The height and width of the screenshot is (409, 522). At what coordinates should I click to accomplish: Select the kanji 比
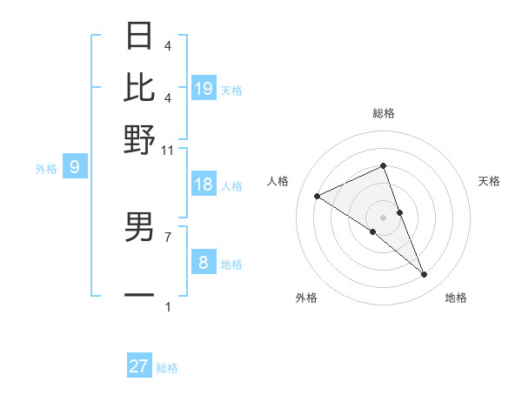click(x=139, y=87)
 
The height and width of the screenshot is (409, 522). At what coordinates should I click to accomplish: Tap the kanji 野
click(x=139, y=138)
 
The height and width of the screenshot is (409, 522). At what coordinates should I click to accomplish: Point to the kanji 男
click(x=139, y=227)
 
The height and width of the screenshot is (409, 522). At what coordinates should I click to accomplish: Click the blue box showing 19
click(x=204, y=89)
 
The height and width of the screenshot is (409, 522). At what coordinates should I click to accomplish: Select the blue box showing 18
click(x=204, y=184)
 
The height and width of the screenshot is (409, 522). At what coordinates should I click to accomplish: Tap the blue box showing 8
click(x=204, y=263)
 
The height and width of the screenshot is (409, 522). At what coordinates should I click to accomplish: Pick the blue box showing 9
click(x=75, y=168)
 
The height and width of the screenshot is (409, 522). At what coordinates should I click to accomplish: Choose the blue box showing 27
click(x=139, y=366)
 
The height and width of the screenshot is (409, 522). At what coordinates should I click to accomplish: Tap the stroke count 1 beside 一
click(x=168, y=306)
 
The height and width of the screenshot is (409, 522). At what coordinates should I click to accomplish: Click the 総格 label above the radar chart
click(x=383, y=113)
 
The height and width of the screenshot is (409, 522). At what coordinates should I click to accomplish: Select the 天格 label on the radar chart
click(x=489, y=181)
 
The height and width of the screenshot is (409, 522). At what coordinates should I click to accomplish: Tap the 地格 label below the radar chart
click(x=456, y=298)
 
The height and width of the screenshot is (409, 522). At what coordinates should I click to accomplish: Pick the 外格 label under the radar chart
click(x=306, y=298)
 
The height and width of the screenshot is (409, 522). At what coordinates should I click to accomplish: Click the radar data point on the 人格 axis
click(x=318, y=197)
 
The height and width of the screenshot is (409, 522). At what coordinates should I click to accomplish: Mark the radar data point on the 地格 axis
click(x=425, y=274)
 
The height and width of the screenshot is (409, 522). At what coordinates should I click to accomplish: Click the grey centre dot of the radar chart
click(x=383, y=217)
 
